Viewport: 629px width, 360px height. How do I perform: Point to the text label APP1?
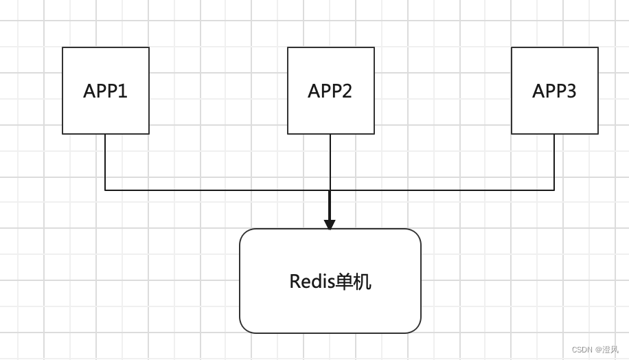tap(105, 91)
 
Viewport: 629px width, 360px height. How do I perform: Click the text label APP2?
tap(330, 91)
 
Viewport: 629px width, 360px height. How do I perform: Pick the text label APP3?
tap(554, 91)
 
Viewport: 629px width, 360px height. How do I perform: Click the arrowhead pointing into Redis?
tap(330, 225)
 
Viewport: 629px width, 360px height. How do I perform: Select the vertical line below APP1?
tap(105, 162)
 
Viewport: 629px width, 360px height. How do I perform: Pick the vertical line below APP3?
tap(554, 162)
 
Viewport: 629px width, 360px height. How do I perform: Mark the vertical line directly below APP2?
tap(330, 162)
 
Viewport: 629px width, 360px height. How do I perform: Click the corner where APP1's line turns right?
tap(105, 190)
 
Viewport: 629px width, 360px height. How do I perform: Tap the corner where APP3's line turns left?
tap(554, 190)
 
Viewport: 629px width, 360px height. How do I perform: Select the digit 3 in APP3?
tap(571, 91)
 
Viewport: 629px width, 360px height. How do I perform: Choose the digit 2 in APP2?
tap(347, 91)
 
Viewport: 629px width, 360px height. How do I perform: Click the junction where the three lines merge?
tap(330, 190)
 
